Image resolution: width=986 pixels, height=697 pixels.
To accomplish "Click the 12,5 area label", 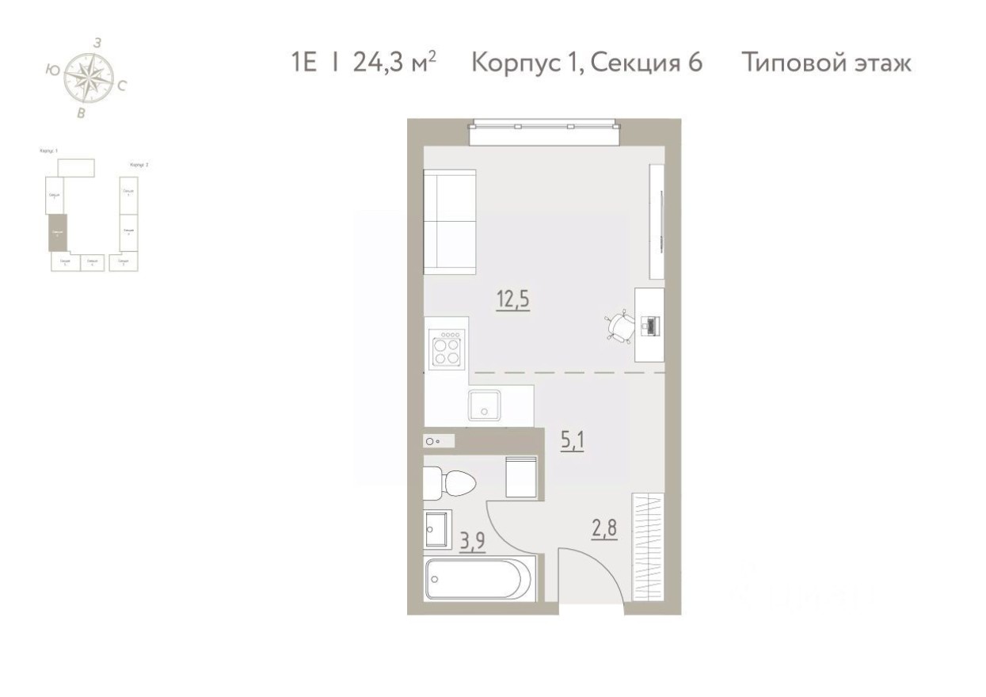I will [x=512, y=300].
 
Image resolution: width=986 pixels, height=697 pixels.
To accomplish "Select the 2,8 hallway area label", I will [x=604, y=528].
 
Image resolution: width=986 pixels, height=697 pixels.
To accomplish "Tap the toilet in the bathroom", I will [x=448, y=482].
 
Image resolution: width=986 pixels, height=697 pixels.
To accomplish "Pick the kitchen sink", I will [x=482, y=405].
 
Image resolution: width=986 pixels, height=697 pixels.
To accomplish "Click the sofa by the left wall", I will [x=450, y=222].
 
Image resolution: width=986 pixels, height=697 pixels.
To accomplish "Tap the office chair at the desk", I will [x=619, y=326].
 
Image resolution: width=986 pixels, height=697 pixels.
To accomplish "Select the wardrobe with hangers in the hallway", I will [x=648, y=547].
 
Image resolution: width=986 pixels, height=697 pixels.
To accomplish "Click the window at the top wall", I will [x=543, y=132].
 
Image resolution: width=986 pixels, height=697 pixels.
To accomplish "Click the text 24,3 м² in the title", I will [x=394, y=63].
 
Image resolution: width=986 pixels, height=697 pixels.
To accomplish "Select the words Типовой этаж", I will [x=827, y=63].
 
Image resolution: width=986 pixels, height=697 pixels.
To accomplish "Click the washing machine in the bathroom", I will [x=522, y=477].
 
